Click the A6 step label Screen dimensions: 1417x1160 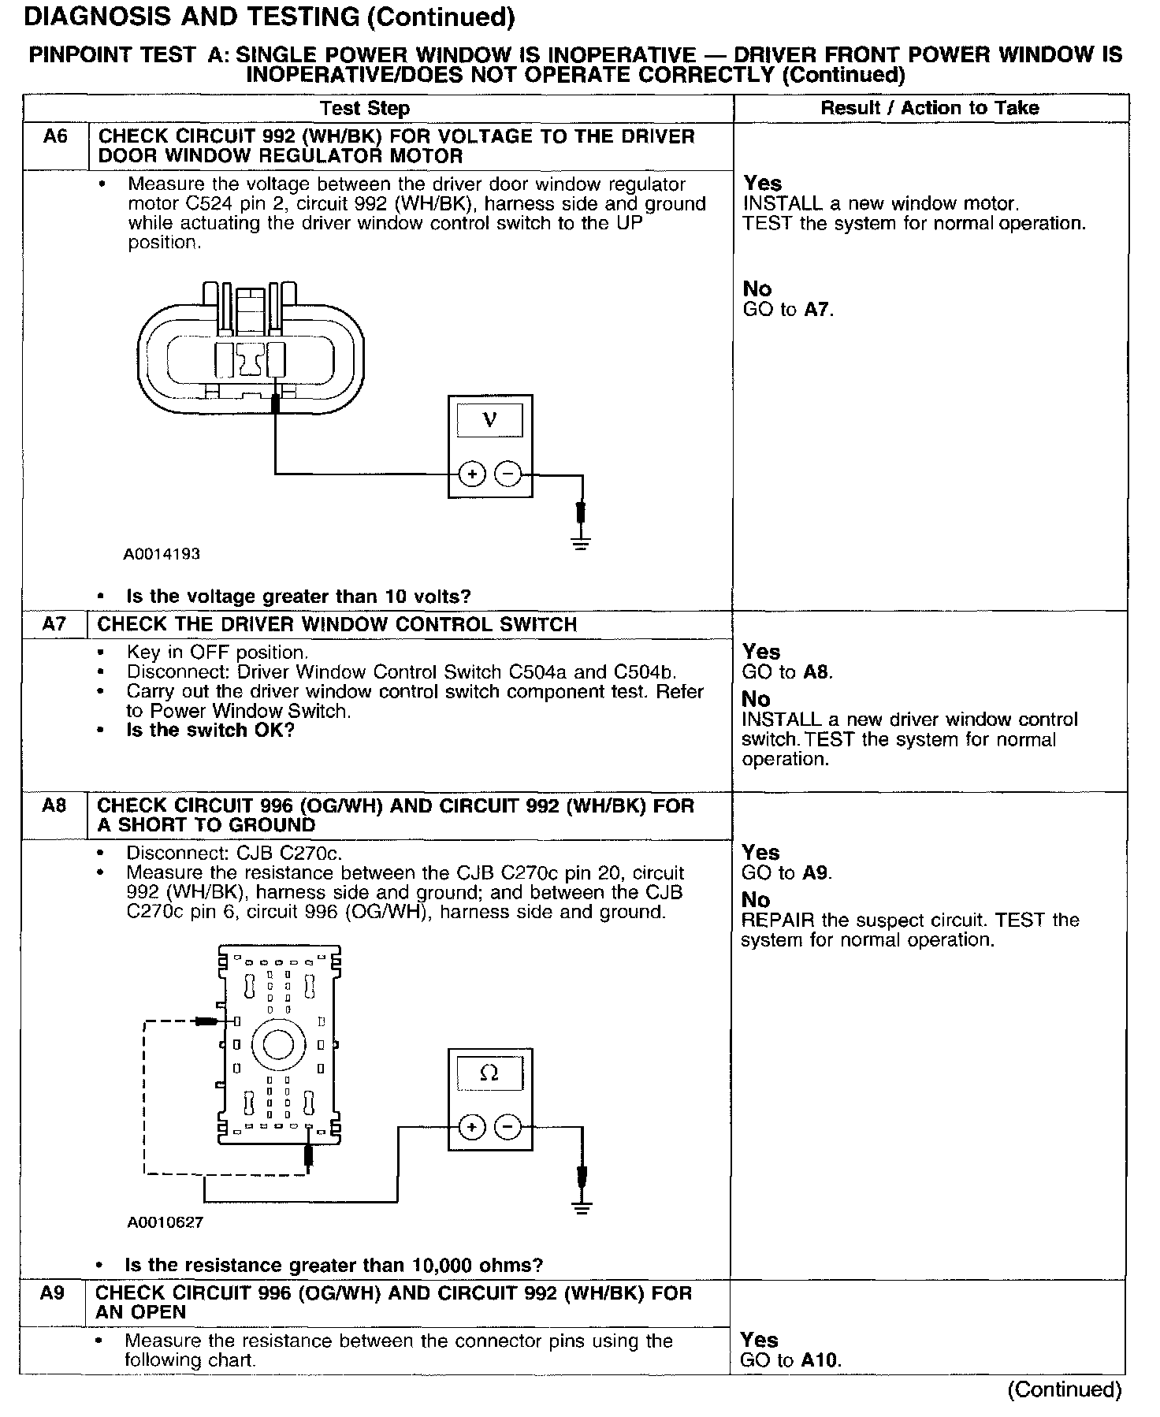(55, 136)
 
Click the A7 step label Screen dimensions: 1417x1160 (55, 625)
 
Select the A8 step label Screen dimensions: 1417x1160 (55, 805)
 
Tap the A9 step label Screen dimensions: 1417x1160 (53, 1292)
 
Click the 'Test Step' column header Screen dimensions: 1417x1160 (365, 109)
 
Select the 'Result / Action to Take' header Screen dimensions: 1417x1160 (930, 108)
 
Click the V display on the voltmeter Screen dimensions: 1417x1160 (489, 420)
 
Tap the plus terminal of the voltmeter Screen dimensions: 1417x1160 (471, 474)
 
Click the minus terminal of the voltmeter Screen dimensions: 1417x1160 (507, 474)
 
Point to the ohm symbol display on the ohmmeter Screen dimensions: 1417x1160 (489, 1073)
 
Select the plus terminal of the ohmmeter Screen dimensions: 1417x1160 (471, 1128)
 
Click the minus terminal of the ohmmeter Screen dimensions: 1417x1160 (507, 1128)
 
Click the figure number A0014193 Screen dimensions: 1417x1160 (162, 554)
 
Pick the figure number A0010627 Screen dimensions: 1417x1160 (165, 1222)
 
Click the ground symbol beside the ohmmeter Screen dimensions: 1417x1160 (581, 1207)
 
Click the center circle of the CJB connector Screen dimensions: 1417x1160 (277, 1045)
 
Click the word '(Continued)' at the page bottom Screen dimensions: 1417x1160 (1064, 1389)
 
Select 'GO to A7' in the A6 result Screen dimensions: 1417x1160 (788, 310)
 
